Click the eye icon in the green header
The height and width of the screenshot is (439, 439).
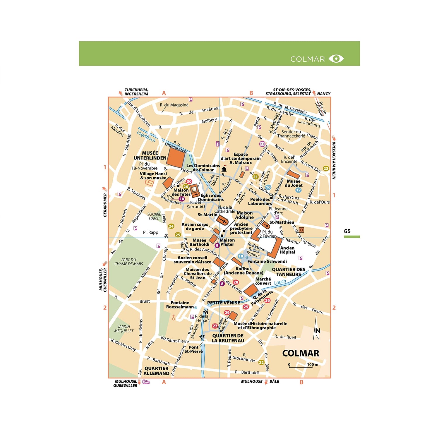coord(336,59)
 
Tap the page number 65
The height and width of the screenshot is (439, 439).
coord(347,231)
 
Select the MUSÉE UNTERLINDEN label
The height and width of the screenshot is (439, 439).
coord(150,155)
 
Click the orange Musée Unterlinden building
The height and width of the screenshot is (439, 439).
coord(176,157)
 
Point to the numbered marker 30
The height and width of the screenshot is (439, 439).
coord(189,181)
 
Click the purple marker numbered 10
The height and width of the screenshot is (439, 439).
coord(182,199)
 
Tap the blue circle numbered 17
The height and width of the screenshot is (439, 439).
coord(298,190)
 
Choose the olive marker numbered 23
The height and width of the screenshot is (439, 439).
coord(326,168)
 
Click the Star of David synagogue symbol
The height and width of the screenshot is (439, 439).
coord(301,230)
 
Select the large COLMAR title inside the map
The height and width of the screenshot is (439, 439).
coord(301,353)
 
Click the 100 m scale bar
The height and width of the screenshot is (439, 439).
coord(301,367)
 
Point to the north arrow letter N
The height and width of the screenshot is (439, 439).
coord(318,331)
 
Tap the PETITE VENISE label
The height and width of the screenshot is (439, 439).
coord(224,303)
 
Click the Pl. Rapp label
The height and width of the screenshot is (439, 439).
coord(150,232)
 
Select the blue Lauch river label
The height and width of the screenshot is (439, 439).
coord(280,282)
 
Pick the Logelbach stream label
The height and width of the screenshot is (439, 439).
coord(146,136)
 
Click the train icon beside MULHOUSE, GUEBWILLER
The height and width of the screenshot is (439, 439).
coord(146,382)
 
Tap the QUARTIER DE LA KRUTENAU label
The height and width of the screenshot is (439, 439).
coord(228,338)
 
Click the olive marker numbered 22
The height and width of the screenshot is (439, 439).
coord(261,362)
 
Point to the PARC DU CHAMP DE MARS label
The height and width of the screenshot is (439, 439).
coord(129,262)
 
